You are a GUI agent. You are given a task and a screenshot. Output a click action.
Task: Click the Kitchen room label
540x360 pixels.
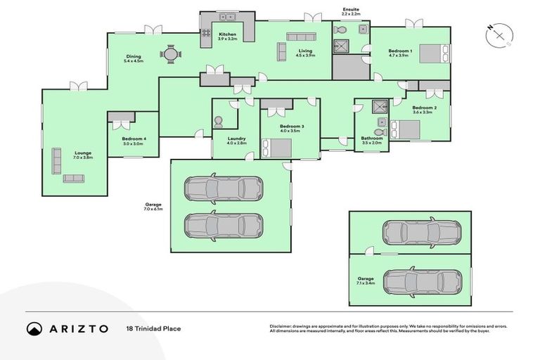click(x=227, y=37)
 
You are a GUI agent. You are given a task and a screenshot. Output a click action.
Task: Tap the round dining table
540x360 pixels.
click(x=169, y=53)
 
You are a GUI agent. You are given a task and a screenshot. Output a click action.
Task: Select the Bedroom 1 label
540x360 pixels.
click(x=400, y=53)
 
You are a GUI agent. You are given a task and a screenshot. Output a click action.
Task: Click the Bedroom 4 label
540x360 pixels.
click(x=133, y=141)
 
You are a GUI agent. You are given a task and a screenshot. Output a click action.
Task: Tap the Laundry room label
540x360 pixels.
click(x=236, y=141)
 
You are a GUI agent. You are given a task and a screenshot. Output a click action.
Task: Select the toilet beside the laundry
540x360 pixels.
click(x=218, y=122)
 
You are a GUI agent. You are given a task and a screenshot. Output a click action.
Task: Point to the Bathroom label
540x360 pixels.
click(x=371, y=141)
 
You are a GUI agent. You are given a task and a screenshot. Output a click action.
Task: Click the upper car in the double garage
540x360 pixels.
click(x=223, y=188)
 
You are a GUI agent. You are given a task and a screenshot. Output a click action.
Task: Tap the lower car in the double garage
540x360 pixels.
click(x=223, y=225)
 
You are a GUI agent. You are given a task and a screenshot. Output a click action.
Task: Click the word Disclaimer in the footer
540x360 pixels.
click(x=283, y=326)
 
